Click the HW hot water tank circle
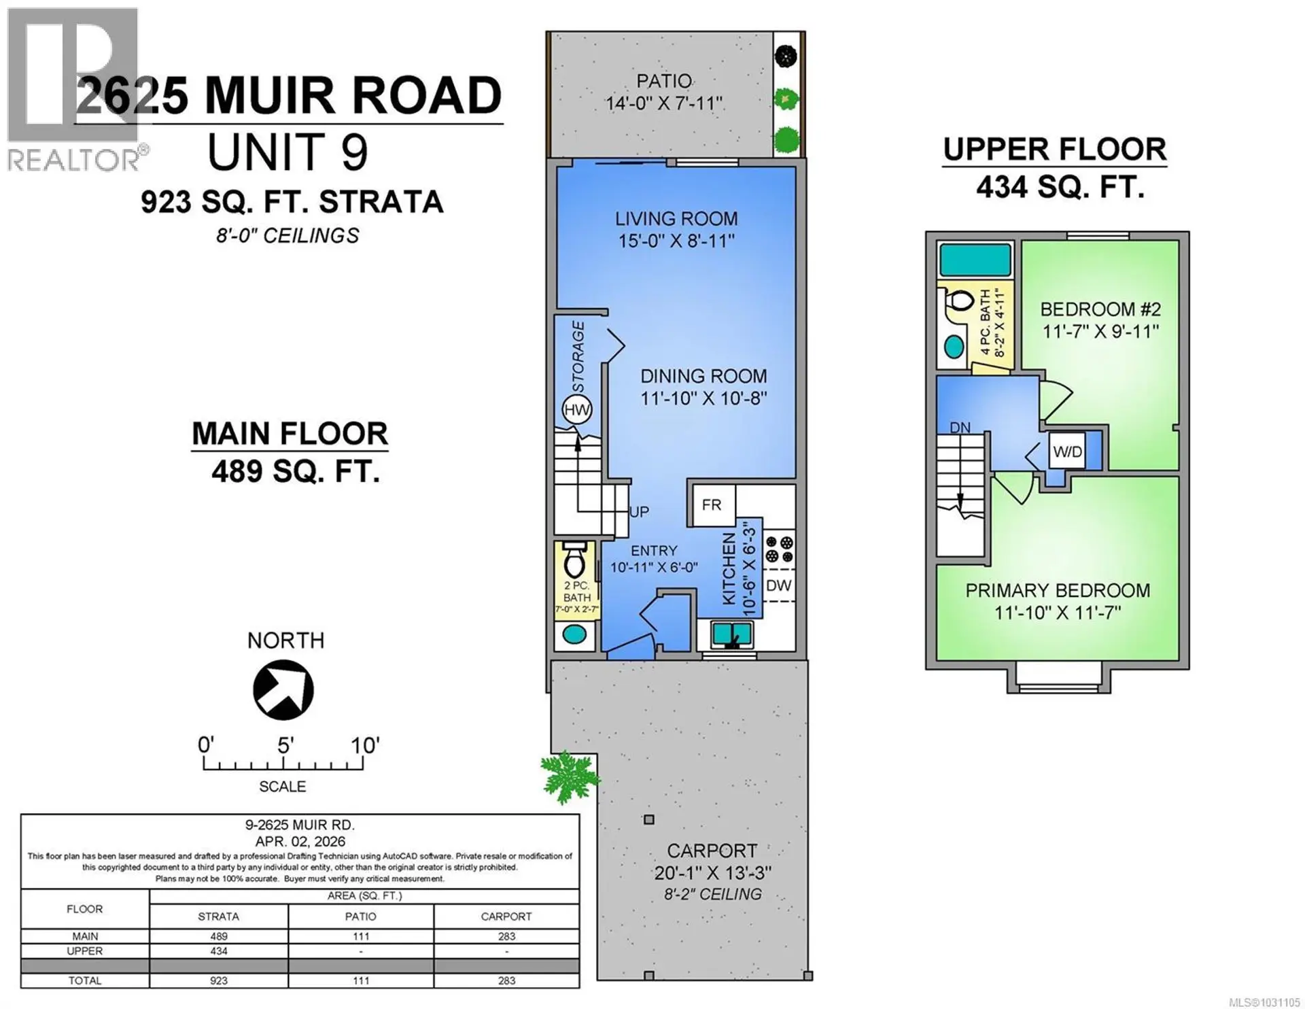[x=577, y=410]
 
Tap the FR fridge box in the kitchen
[x=712, y=504]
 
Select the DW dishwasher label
[x=779, y=585]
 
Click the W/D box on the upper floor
[x=1067, y=451]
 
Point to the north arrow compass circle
[x=283, y=689]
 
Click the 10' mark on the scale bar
[x=364, y=746]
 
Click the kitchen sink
[x=732, y=635]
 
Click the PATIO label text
[x=664, y=81]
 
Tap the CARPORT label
[x=712, y=851]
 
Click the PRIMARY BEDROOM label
[x=1058, y=590]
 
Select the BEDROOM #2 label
[x=1100, y=309]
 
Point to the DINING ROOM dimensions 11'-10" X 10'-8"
[x=703, y=398]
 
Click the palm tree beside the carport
[x=570, y=776]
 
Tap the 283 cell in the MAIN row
[x=506, y=936]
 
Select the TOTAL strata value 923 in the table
[x=218, y=980]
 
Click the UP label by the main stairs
[x=639, y=512]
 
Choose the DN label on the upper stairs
[x=960, y=428]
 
